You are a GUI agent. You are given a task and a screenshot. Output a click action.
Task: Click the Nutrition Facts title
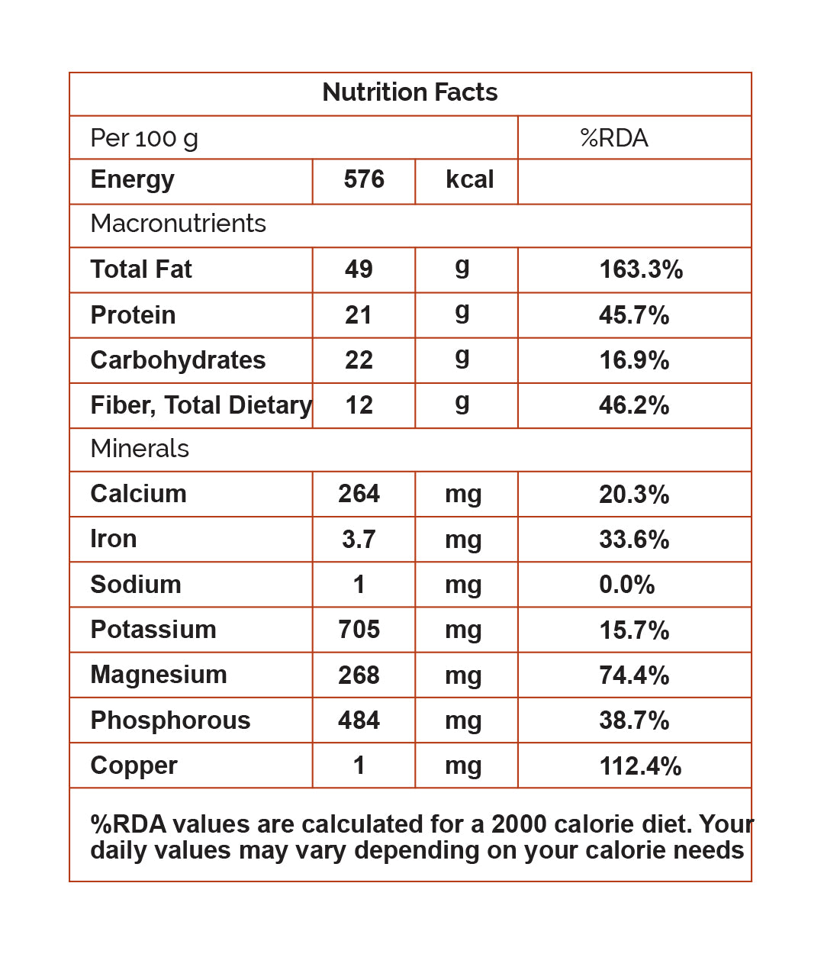(x=410, y=92)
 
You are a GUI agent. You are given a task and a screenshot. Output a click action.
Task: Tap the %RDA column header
(x=613, y=138)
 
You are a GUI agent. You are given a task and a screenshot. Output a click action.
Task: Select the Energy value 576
(x=364, y=180)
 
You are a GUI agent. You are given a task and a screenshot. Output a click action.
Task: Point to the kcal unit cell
(x=469, y=180)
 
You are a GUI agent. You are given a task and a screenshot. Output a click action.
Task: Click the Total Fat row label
(x=141, y=269)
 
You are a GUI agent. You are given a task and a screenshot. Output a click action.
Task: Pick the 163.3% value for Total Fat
(x=641, y=269)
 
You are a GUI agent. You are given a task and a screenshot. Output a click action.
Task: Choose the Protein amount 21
(x=359, y=315)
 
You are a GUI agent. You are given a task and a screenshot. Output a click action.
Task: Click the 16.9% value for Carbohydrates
(x=634, y=360)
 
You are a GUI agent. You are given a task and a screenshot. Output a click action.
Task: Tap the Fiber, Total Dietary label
(x=201, y=405)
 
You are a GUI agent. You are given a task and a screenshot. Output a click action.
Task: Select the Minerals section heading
(x=140, y=449)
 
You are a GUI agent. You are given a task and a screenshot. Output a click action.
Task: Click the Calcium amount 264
(x=359, y=494)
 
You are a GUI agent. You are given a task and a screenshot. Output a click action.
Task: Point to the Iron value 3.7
(x=359, y=540)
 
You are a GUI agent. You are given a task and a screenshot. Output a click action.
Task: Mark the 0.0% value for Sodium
(x=626, y=585)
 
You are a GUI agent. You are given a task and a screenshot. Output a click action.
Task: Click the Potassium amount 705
(x=359, y=630)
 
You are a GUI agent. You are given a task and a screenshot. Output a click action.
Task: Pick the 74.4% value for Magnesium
(x=634, y=675)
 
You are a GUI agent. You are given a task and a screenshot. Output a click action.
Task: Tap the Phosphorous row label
(x=170, y=720)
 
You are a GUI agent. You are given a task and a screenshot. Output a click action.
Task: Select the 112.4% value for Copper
(x=640, y=766)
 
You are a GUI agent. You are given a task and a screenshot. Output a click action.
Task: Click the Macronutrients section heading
(x=178, y=224)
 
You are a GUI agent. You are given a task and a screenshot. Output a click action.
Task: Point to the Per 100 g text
(x=144, y=138)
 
